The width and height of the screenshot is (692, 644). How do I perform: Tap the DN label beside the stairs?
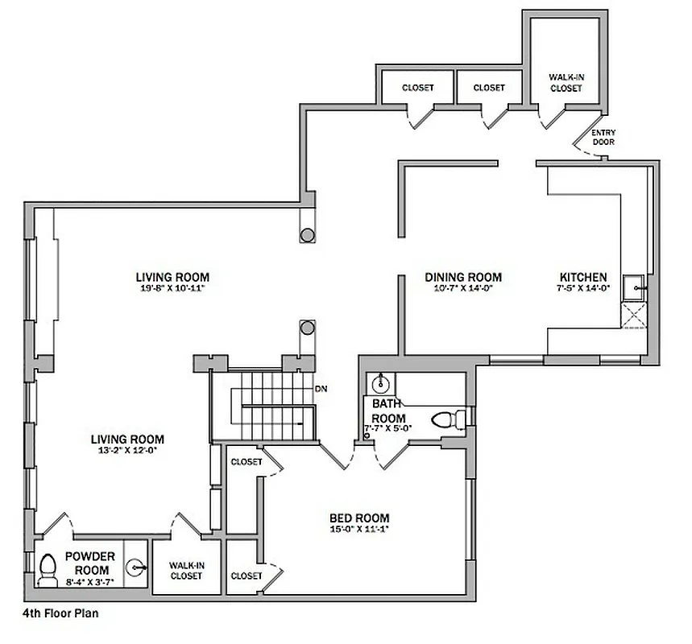(x=321, y=389)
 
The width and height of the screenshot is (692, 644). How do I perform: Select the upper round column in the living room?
(x=307, y=236)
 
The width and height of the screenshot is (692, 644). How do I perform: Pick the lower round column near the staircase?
(x=307, y=328)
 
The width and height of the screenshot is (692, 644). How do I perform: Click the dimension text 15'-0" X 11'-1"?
(x=359, y=529)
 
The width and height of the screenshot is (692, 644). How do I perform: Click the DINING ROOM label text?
(x=463, y=277)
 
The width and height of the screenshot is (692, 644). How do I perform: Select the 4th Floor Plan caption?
(x=60, y=612)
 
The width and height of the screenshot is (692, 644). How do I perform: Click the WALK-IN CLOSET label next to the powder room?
(x=186, y=571)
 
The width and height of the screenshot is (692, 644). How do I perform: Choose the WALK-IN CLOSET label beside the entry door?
(x=566, y=83)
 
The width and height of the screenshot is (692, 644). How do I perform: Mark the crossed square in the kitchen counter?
(x=633, y=315)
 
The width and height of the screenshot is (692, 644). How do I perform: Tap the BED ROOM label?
(x=359, y=518)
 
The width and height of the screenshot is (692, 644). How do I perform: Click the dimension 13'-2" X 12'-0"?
(x=127, y=451)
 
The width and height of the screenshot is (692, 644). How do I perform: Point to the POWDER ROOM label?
(x=90, y=562)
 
